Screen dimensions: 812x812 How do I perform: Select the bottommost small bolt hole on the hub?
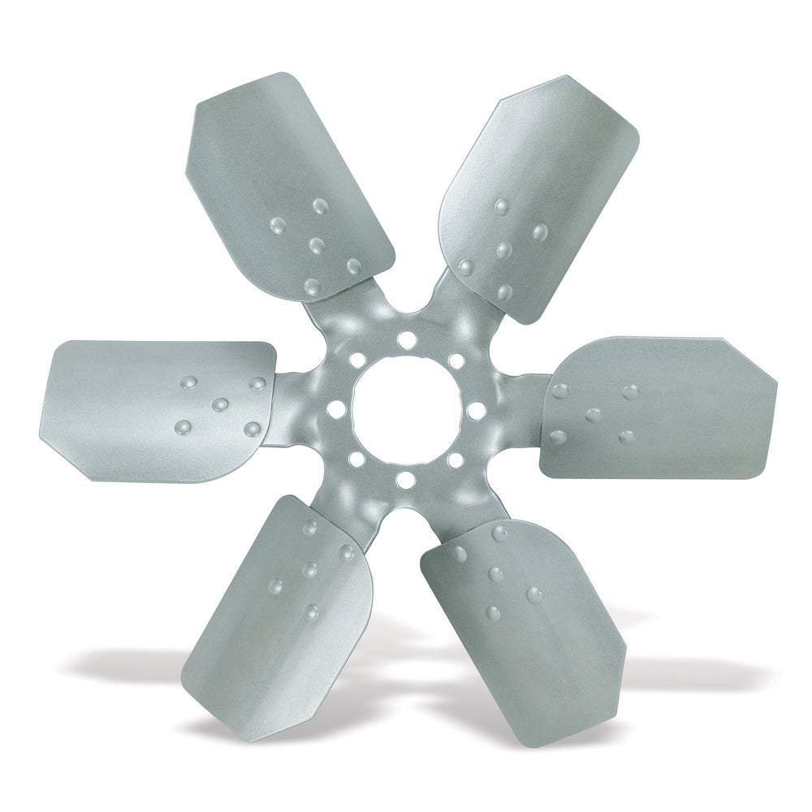(404, 480)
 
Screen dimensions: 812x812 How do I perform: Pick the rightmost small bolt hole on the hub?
(477, 410)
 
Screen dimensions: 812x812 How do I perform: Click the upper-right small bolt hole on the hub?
(456, 360)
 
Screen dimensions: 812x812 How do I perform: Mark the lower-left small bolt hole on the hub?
(356, 460)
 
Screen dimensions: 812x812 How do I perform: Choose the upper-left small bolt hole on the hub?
(356, 360)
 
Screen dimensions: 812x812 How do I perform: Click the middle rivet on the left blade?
(219, 404)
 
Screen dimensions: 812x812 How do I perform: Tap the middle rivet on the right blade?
(594, 415)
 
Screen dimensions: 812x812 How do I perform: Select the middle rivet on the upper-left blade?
(317, 245)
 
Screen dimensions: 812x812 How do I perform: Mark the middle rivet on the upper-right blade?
(503, 250)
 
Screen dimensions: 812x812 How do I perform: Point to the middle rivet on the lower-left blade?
(309, 570)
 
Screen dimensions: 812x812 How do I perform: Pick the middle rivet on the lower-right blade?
(495, 575)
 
